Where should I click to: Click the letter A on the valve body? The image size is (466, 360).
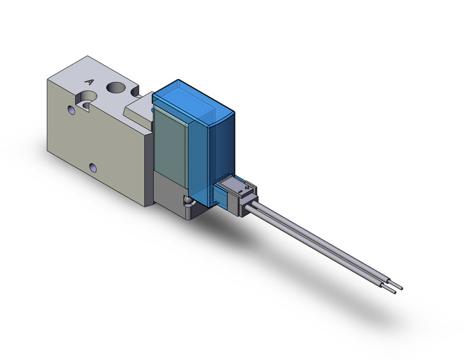click(x=90, y=82)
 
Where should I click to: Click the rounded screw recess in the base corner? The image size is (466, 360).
click(x=186, y=201)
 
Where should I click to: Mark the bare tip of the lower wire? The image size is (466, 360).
click(x=392, y=289)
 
